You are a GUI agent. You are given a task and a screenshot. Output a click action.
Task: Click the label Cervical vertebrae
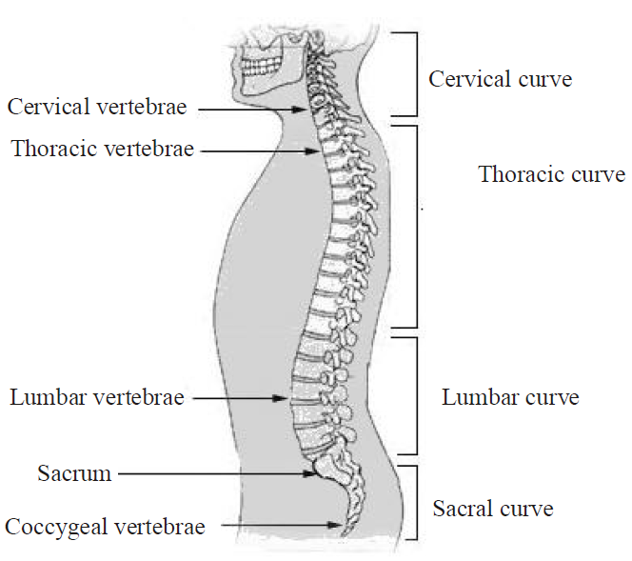click(98, 107)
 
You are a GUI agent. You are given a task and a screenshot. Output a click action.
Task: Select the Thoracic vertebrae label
click(103, 149)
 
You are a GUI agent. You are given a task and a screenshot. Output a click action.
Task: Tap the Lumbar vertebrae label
click(97, 396)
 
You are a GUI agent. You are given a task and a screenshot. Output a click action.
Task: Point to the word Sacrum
click(75, 472)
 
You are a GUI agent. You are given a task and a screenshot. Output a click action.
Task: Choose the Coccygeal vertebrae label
click(106, 526)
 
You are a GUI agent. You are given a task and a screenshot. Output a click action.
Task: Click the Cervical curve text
click(501, 78)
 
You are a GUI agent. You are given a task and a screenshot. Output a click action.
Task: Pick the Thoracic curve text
click(552, 174)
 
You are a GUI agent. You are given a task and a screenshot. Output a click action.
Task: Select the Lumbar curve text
click(510, 397)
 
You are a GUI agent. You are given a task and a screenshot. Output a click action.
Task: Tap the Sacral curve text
click(493, 509)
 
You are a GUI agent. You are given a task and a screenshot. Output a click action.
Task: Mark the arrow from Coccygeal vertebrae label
click(280, 525)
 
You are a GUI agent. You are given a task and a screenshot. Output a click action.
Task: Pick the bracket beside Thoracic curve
click(418, 227)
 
